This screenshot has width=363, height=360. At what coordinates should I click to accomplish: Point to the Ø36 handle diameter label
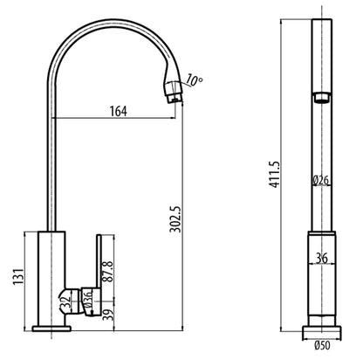point(86,299)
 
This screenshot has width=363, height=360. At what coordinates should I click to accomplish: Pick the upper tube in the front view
point(320,52)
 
